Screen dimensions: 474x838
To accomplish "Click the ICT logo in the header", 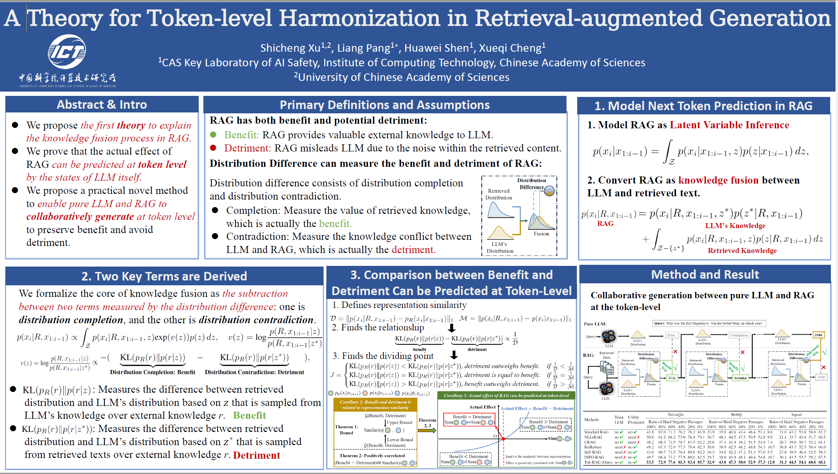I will click(67, 52).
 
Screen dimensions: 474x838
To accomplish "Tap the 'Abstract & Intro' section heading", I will click(102, 104).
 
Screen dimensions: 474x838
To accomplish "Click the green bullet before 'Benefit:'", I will click(213, 135).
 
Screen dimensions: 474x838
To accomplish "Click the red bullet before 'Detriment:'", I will click(213, 148).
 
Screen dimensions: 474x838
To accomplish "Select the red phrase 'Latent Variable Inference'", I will click(729, 125).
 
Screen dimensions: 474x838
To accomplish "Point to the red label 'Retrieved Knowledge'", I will click(742, 251).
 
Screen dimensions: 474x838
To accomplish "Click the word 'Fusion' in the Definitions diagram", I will click(541, 234).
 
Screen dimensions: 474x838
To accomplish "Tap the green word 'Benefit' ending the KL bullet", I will click(249, 415).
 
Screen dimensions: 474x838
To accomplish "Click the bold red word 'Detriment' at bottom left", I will click(257, 455).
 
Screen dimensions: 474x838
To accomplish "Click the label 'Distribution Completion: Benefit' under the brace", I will click(152, 372).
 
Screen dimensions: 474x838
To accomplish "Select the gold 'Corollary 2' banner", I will click(375, 405).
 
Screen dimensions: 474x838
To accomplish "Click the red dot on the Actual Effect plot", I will click(503, 439).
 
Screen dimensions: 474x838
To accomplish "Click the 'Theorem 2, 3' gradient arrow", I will click(427, 431).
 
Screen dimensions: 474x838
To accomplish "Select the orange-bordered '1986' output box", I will click(818, 335).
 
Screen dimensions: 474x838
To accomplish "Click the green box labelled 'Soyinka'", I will click(740, 378).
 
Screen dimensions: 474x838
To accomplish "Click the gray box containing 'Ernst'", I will click(671, 335).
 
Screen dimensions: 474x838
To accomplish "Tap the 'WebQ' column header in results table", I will click(736, 414).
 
